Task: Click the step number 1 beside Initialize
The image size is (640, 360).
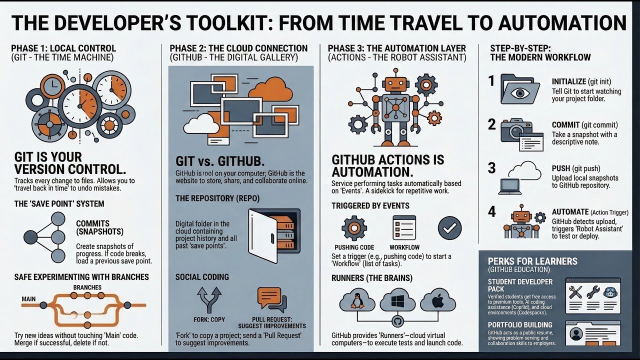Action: (x=491, y=81)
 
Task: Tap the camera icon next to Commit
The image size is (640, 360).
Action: (x=515, y=131)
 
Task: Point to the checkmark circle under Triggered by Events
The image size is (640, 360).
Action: (x=449, y=228)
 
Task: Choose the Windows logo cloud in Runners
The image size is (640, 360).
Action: (x=397, y=301)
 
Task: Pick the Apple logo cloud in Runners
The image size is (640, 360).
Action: (x=437, y=301)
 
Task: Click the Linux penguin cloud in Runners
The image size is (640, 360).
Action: (x=357, y=301)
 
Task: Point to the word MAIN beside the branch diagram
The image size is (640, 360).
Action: (x=28, y=299)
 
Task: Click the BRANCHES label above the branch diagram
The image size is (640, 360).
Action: (x=87, y=287)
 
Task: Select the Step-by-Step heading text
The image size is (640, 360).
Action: (x=520, y=48)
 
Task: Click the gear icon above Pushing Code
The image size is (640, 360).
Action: (x=354, y=228)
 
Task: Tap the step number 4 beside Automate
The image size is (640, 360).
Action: (x=492, y=212)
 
